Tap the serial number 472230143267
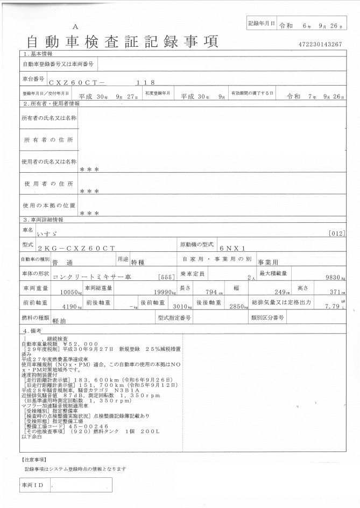click(x=319, y=44)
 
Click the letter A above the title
click(x=75, y=26)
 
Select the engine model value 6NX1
click(x=232, y=248)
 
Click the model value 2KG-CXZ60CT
click(x=76, y=248)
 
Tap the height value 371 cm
click(x=336, y=292)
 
